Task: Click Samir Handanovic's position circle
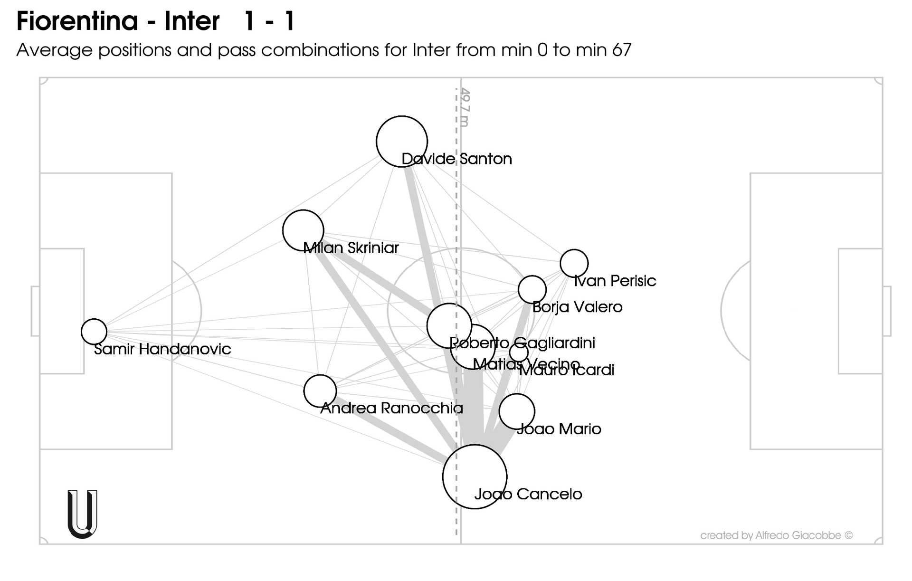(94, 332)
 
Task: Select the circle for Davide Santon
(402, 142)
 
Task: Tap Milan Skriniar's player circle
(303, 230)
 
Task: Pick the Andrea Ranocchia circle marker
(320, 391)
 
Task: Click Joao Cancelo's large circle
(475, 476)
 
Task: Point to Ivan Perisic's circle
(574, 263)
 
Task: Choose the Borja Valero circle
(532, 289)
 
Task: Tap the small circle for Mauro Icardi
(519, 352)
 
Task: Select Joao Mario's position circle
(517, 411)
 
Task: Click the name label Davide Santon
(456, 159)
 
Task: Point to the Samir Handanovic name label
(162, 349)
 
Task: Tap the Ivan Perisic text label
(615, 281)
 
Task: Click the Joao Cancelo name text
(528, 494)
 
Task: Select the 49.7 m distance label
(465, 107)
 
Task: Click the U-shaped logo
(82, 514)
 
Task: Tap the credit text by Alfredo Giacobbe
(776, 535)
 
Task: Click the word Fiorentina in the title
(77, 21)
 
